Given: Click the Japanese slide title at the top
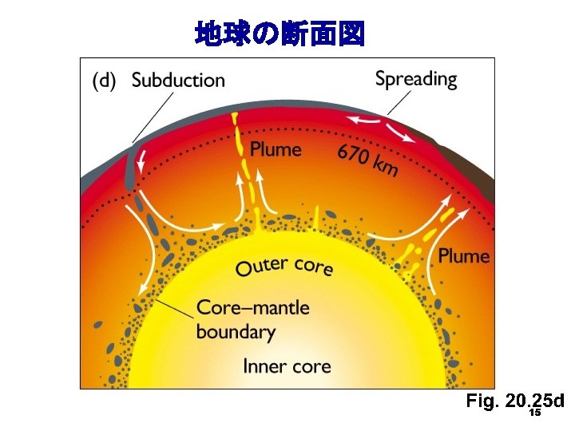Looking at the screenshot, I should click(x=280, y=34).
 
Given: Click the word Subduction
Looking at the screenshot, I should click(x=178, y=80).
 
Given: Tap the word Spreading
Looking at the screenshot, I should click(x=416, y=79).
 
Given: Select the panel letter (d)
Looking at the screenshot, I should click(x=106, y=80).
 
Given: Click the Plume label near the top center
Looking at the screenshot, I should click(x=276, y=149).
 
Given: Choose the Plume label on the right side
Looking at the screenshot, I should click(x=463, y=255).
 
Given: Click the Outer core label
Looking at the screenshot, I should click(x=284, y=265).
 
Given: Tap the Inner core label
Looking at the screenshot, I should click(x=287, y=366).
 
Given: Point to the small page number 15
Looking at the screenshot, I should click(x=535, y=413).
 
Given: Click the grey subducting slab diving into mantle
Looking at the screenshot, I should click(x=129, y=172).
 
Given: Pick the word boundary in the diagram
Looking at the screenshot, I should click(x=236, y=331).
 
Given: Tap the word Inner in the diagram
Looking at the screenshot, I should click(x=264, y=366).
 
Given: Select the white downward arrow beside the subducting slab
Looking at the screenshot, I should click(x=142, y=164).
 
